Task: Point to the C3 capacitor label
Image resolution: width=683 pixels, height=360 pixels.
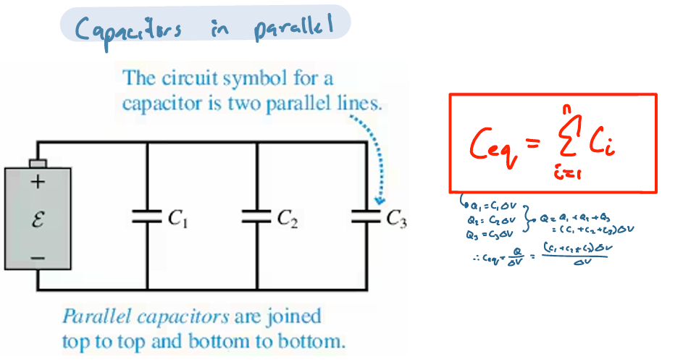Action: [x=396, y=219]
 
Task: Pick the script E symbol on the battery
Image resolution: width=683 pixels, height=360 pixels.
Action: [x=38, y=219]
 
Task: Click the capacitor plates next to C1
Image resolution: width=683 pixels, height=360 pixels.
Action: [x=147, y=215]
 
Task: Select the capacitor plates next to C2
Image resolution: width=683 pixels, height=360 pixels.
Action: [x=257, y=215]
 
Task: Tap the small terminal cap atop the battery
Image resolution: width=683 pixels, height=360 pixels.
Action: [x=38, y=162]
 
